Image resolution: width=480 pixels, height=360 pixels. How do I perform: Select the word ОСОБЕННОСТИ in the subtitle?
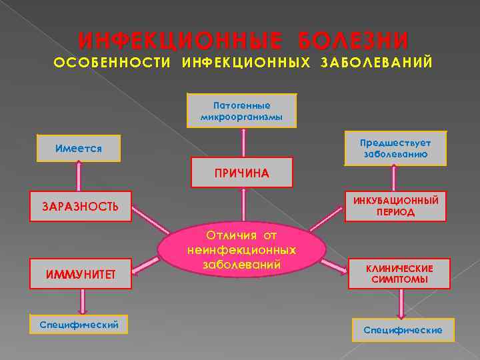click(x=112, y=63)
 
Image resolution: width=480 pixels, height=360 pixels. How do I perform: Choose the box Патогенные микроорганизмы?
click(x=242, y=111)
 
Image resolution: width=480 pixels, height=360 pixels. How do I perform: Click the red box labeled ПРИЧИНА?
click(x=242, y=173)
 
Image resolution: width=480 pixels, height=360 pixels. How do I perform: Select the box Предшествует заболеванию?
click(x=395, y=148)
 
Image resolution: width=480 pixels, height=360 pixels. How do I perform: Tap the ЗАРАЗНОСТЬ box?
click(x=81, y=206)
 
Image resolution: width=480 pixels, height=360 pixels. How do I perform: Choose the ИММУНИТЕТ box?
click(x=81, y=274)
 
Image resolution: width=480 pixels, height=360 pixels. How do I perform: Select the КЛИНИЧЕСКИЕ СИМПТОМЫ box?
click(x=399, y=273)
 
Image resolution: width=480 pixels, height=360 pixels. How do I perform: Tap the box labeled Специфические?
click(x=403, y=329)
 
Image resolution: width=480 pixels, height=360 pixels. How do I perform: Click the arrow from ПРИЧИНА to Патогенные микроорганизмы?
click(x=243, y=142)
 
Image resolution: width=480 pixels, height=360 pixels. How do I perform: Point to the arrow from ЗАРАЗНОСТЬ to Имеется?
click(x=79, y=177)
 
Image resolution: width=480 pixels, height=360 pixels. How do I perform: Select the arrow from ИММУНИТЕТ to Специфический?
click(x=82, y=301)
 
